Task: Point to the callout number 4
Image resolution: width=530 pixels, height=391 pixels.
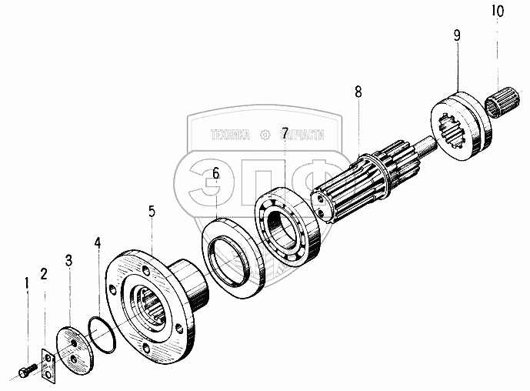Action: click(x=97, y=245)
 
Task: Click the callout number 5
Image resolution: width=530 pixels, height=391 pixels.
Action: click(x=152, y=211)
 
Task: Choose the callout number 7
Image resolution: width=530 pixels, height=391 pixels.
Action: click(x=285, y=133)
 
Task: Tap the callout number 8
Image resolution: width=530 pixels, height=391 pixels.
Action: click(x=358, y=92)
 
